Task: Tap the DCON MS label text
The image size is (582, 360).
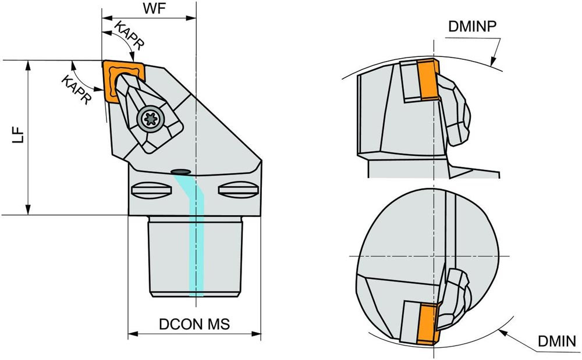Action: click(194, 325)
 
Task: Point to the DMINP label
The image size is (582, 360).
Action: click(472, 26)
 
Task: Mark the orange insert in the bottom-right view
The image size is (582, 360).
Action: click(427, 323)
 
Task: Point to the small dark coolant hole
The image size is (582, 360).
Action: click(181, 171)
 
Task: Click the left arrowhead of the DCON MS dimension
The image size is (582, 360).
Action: click(132, 334)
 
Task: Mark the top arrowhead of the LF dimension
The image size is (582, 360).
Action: click(28, 63)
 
